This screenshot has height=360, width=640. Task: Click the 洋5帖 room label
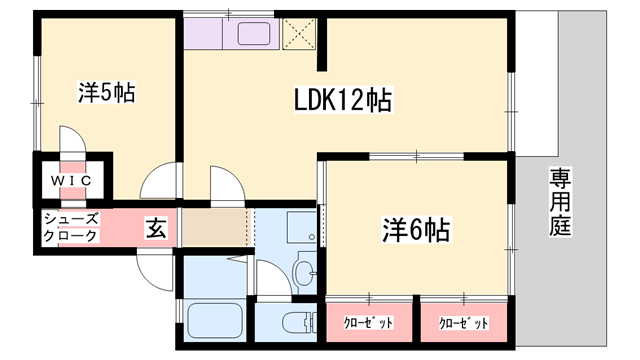(x=107, y=95)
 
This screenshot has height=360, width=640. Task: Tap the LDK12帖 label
(x=342, y=100)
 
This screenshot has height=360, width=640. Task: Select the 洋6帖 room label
(x=414, y=230)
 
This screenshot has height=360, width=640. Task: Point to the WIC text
(x=73, y=180)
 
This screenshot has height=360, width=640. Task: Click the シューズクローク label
(x=70, y=227)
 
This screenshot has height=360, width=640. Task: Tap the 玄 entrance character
(x=158, y=227)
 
